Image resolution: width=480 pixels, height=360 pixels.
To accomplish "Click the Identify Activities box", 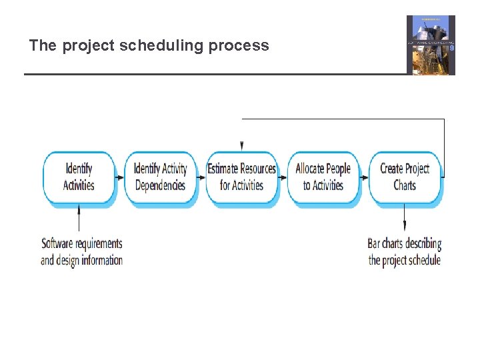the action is pos(79,177).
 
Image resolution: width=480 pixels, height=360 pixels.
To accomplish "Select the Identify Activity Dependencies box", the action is pos(160,177).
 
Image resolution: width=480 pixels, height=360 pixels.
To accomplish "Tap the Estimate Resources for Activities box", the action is pos(241,177).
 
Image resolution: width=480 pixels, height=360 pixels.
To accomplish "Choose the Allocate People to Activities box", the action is pos(323,177).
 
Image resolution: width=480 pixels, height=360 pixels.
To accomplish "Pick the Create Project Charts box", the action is pos(404,177).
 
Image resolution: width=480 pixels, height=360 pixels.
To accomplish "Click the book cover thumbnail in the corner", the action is pos(431,45).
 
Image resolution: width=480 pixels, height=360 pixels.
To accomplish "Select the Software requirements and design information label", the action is pos(81,251).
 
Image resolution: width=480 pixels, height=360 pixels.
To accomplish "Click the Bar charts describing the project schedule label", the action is pos(404,251).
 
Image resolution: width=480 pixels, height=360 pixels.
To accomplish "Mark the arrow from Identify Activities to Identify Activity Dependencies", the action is pos(119,177).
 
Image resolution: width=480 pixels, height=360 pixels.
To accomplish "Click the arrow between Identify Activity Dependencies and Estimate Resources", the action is pos(201,177).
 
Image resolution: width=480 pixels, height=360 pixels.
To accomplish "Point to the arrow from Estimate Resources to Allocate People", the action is pos(282,177).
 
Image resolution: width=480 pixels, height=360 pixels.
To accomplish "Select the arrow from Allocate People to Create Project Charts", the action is pos(363,177).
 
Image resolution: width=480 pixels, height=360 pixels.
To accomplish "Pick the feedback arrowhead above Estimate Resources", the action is pos(241,145).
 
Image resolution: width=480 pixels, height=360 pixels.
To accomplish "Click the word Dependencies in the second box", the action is pos(160,185).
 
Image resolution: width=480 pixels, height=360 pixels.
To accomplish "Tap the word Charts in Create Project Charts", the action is pos(405,185).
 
